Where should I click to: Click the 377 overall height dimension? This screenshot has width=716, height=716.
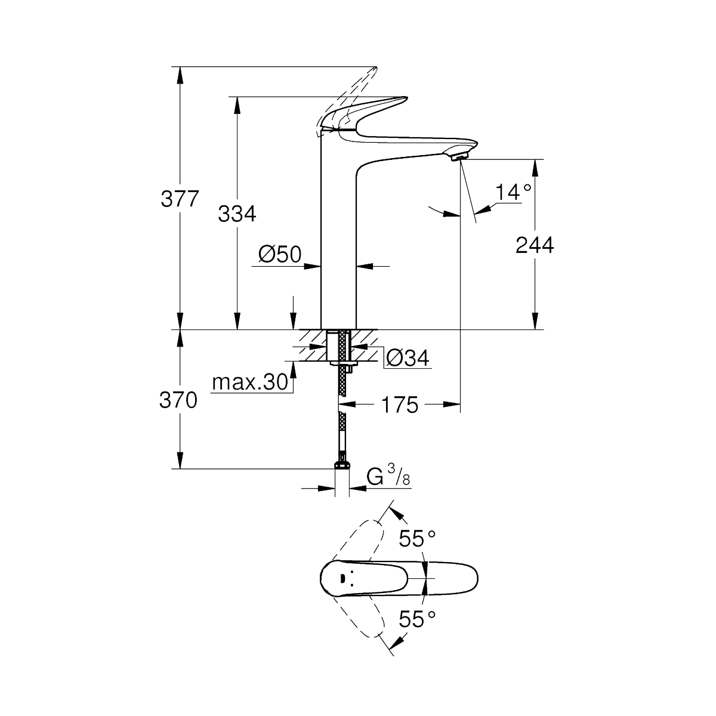(180, 199)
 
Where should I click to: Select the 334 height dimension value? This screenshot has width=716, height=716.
(237, 214)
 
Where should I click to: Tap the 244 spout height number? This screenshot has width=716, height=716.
(534, 245)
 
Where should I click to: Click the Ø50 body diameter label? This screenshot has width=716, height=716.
(280, 255)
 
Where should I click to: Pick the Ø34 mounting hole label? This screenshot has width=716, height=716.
(408, 358)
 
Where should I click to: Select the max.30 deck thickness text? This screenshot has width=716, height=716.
(250, 382)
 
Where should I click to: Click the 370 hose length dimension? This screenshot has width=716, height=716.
(178, 400)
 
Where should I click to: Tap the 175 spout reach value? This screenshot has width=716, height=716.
(400, 405)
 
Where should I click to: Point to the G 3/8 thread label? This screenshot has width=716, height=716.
(388, 475)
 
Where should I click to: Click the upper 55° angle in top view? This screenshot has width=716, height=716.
(417, 538)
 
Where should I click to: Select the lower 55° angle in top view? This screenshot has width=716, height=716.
(417, 619)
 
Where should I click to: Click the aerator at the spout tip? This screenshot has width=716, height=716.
(458, 159)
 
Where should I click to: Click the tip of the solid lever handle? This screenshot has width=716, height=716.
(406, 98)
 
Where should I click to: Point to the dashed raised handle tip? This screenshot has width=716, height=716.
(376, 69)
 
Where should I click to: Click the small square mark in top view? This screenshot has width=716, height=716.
(342, 578)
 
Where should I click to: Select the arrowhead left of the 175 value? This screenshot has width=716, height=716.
(346, 405)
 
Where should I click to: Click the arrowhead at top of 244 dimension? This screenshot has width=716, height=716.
(535, 168)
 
